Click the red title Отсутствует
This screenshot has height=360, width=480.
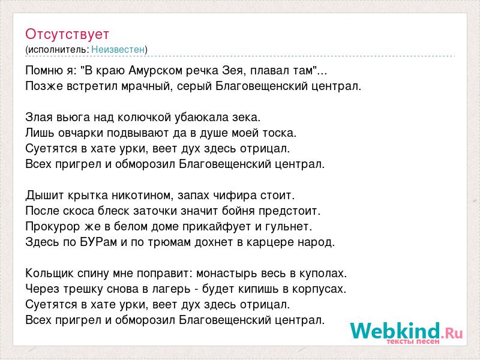[x=67, y=34]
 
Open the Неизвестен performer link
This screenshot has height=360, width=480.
[x=118, y=49]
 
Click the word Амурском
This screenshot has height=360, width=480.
[x=156, y=71]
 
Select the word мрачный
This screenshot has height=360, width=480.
[x=146, y=86]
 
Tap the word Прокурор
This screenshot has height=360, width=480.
[x=53, y=227]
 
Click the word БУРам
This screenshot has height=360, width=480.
[x=99, y=242]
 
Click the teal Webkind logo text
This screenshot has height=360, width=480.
[x=395, y=331]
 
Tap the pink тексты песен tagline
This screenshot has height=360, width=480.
[x=413, y=341]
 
